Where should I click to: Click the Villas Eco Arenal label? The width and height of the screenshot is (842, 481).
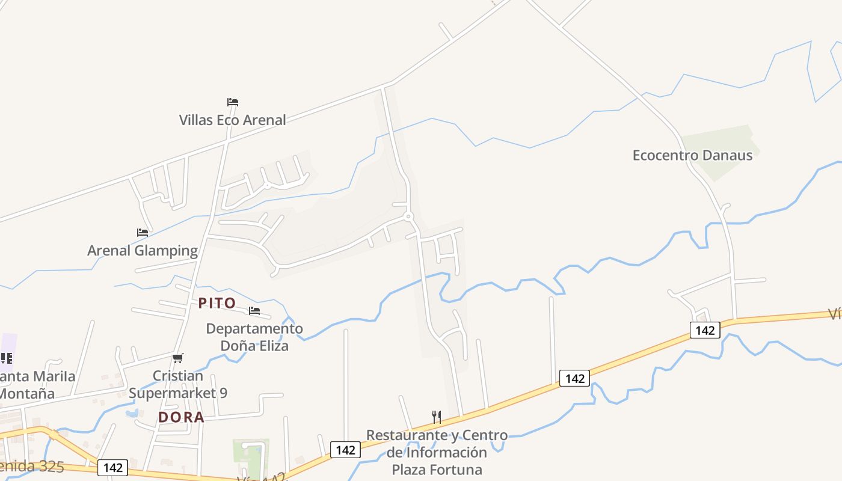pos(232,120)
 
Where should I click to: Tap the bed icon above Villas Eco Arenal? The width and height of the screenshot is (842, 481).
pos(233,102)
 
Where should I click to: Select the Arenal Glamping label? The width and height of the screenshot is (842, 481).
pos(143,250)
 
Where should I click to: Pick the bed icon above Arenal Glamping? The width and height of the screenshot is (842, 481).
pos(143,232)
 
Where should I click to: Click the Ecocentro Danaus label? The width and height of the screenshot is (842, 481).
pos(692,155)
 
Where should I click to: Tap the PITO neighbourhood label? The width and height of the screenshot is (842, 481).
pos(217,303)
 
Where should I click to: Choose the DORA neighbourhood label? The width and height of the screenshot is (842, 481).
pos(181,417)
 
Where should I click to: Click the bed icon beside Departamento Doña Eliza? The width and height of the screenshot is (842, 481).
pos(254,311)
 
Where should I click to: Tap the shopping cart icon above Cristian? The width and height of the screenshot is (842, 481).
pos(177,358)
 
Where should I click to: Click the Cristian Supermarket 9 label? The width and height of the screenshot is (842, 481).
pos(178,384)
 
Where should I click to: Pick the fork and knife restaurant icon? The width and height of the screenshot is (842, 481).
pos(437,417)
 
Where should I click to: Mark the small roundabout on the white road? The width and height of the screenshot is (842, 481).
pos(408,216)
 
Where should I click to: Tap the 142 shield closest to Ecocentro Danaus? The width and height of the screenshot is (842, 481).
pos(704,329)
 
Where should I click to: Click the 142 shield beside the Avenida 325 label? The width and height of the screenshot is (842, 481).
pos(112,468)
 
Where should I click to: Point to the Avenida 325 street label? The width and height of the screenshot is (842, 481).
pos(33,466)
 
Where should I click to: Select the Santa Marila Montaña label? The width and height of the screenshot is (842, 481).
pos(36,385)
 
